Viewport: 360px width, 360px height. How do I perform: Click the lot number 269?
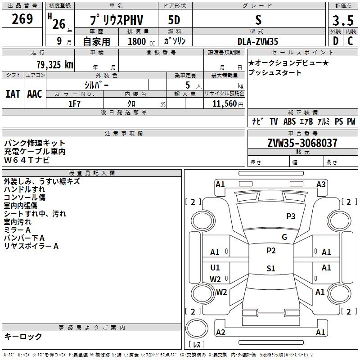(x=23, y=19)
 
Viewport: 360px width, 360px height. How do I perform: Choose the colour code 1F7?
(x=75, y=104)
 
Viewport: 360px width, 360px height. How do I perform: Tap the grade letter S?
(x=258, y=20)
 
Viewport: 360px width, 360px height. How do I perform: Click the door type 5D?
(x=174, y=20)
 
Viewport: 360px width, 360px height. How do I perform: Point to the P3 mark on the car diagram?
(x=291, y=216)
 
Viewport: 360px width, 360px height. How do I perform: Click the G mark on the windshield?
(x=284, y=237)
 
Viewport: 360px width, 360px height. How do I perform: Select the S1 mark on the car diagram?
(x=270, y=269)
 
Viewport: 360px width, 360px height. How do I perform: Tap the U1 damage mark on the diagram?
(x=215, y=268)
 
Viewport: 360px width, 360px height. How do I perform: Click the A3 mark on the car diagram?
(x=321, y=184)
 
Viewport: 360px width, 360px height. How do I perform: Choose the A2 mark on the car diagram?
(x=220, y=333)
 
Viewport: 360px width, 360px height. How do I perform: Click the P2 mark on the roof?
(x=270, y=251)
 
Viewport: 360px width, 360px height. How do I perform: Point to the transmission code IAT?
(x=13, y=94)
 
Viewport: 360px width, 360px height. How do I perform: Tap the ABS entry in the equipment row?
(x=289, y=121)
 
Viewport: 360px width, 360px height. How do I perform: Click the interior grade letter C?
(x=350, y=41)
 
